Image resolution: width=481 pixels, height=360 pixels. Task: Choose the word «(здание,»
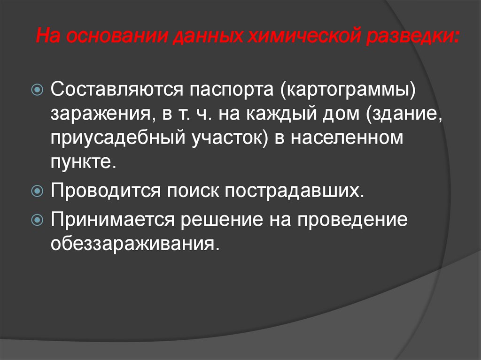pos(405,114)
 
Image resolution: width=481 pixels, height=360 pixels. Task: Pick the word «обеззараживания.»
pos(136,245)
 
